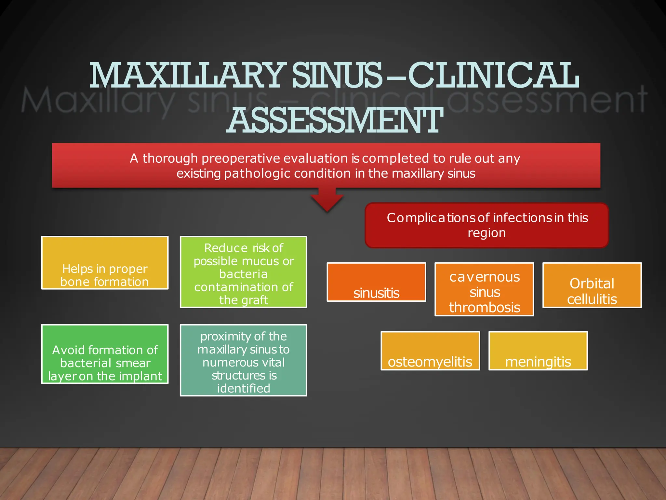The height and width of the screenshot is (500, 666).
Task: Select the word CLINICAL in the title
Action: pyautogui.click(x=493, y=76)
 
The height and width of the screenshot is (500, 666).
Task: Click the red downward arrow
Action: pyautogui.click(x=327, y=199)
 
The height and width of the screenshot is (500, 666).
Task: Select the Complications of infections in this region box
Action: pyautogui.click(x=486, y=225)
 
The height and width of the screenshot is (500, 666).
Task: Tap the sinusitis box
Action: pyautogui.click(x=376, y=282)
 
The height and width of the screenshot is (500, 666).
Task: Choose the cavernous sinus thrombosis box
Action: pyautogui.click(x=484, y=289)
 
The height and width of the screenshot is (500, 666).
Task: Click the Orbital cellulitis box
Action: pyautogui.click(x=592, y=285)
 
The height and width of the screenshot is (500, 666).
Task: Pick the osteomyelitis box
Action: pyautogui.click(x=430, y=351)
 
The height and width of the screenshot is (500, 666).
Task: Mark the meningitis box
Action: pyautogui.click(x=538, y=351)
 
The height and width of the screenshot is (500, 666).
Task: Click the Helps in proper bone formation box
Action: pyautogui.click(x=105, y=263)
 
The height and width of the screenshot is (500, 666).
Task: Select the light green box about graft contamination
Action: pyautogui.click(x=243, y=272)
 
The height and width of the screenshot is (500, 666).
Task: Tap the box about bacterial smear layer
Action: pyautogui.click(x=105, y=354)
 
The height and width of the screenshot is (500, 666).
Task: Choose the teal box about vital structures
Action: pyautogui.click(x=243, y=360)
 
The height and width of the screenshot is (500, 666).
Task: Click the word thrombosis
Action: pyautogui.click(x=485, y=308)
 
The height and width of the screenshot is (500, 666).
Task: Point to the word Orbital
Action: pyautogui.click(x=592, y=284)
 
